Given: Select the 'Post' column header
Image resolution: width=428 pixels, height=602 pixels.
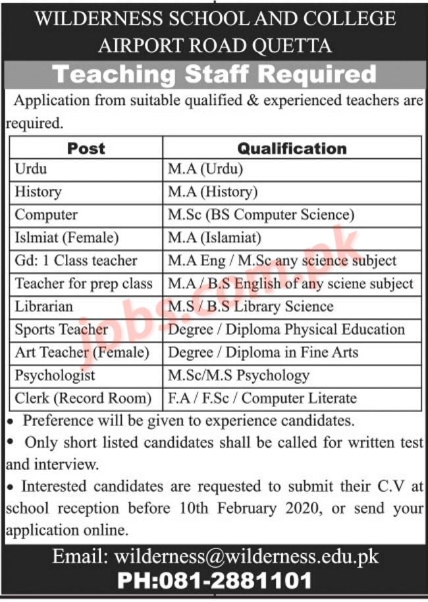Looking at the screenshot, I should pos(86,148).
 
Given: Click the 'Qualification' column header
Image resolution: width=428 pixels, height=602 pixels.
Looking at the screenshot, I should pos(292,148).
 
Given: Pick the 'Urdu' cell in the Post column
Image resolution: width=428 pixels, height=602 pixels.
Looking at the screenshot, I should pos(31,169).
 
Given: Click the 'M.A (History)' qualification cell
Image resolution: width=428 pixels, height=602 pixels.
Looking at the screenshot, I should pos(212,192).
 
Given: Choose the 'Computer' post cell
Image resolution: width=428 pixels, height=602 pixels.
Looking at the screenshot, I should pos(46,215).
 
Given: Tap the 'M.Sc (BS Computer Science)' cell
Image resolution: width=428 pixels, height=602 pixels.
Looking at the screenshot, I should pos(261,215).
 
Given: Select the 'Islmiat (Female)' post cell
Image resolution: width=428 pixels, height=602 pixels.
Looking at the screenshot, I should pos(66,237).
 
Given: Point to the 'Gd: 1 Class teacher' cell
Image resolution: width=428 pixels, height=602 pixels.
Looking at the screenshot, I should pos(76,260).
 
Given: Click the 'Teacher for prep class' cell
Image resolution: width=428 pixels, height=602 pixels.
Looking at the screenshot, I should pos(84,284).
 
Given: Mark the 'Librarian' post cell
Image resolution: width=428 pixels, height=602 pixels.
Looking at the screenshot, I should pos(44,307).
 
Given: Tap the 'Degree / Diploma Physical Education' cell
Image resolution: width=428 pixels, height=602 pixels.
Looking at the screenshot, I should pos(286,329).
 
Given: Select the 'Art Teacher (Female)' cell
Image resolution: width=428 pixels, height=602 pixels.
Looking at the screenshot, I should pos(82,352).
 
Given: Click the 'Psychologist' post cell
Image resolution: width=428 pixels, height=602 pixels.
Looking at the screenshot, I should pos(55,375).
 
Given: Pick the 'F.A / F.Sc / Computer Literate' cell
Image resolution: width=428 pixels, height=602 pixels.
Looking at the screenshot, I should pos(262,398).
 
